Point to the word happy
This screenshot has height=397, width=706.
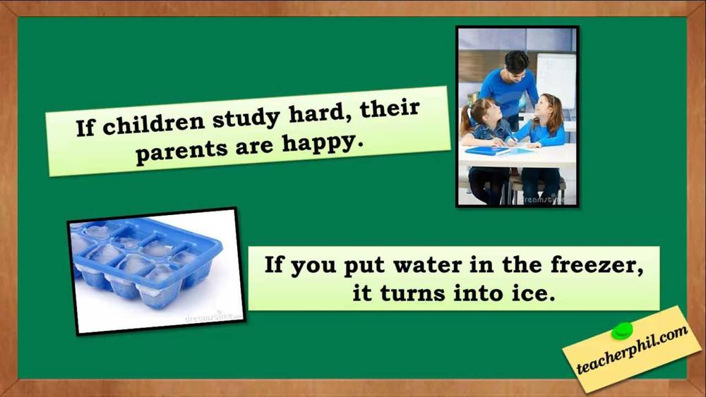coord(323,144)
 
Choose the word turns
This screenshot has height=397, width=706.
coord(412,293)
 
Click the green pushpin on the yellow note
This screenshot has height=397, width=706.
coord(622,331)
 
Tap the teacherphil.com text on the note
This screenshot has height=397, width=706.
coord(632,349)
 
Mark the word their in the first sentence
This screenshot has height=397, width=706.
coord(390,109)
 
